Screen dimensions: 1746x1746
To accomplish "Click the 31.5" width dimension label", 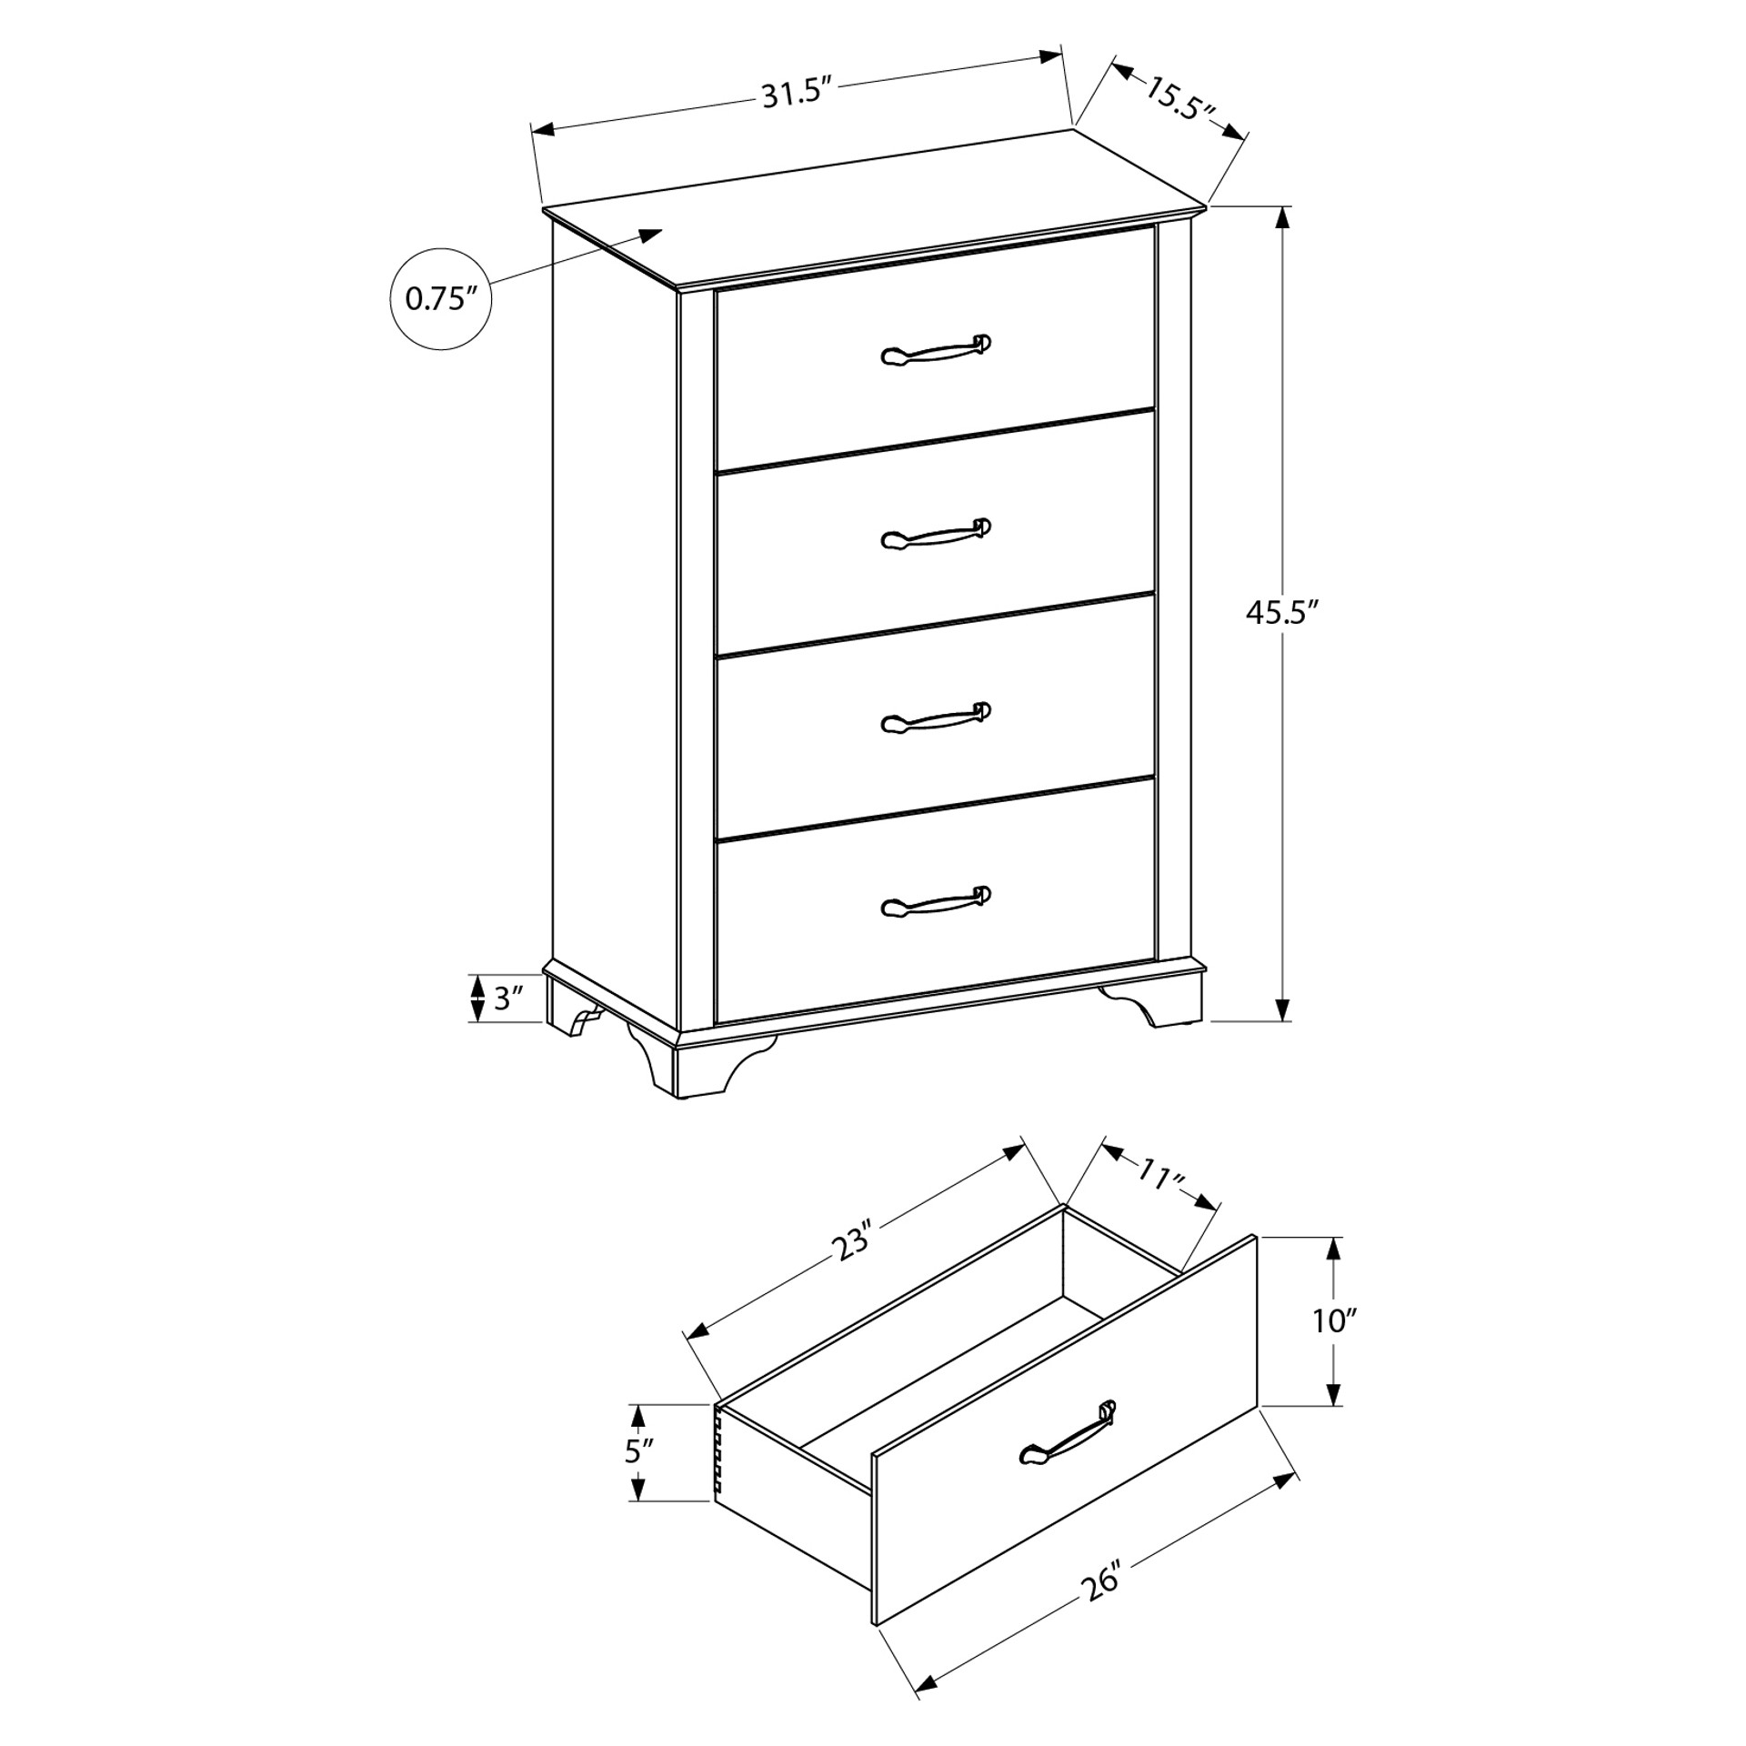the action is point(798,93).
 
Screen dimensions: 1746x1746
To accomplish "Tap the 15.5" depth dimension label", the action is point(1179,100).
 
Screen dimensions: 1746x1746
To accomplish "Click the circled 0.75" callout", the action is point(441,298).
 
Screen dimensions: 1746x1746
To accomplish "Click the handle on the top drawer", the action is point(936,350).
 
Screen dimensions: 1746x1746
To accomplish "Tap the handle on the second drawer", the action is point(936,534).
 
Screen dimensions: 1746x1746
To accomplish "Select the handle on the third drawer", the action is point(936,717).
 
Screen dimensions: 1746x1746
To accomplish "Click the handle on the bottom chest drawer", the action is point(936,901).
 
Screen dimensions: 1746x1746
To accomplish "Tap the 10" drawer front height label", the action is point(1334,1320).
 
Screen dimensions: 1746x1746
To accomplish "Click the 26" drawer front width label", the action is point(1102,1583).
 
